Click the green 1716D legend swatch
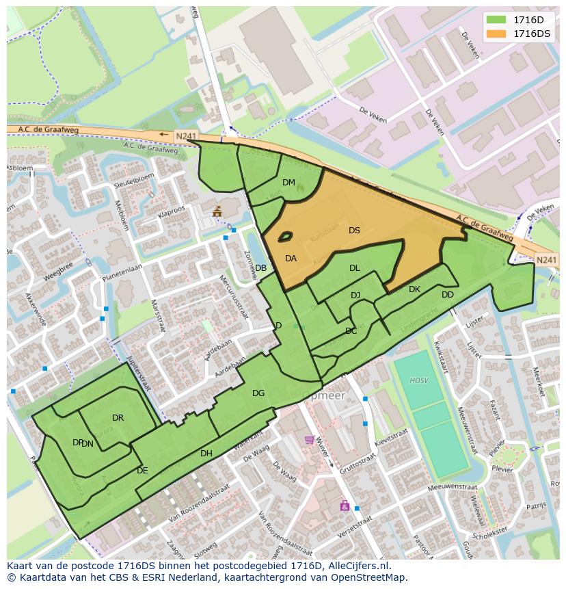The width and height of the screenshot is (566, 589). click(496, 21)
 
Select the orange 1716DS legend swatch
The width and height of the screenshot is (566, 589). click(496, 34)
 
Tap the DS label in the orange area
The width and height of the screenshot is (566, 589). click(354, 231)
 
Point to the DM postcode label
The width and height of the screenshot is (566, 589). click(288, 183)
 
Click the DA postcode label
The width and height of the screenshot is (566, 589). click(291, 259)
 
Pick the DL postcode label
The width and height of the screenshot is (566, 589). click(354, 268)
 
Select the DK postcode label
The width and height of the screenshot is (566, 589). click(414, 289)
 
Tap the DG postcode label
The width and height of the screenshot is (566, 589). click(258, 393)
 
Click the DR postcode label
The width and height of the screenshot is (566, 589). click(118, 418)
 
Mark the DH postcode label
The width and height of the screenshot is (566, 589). click(206, 454)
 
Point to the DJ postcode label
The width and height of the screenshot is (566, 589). click(355, 296)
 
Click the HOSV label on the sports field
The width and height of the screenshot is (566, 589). click(418, 380)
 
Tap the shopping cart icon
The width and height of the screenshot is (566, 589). click(309, 440)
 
